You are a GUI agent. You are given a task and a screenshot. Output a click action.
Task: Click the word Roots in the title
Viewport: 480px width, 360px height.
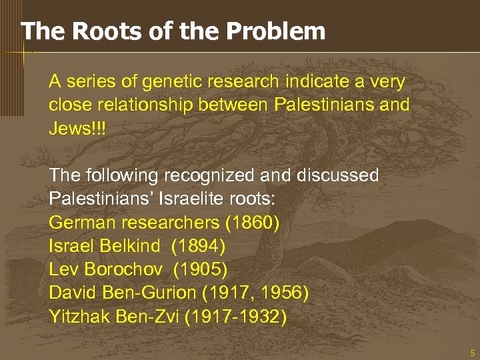coord(96,31)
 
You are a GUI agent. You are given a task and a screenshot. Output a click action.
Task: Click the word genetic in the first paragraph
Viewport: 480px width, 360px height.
coord(169,82)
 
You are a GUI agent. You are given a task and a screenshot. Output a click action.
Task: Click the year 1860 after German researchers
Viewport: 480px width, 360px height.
coord(251,221)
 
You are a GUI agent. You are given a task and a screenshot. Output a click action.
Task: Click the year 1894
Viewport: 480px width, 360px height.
coord(199,245)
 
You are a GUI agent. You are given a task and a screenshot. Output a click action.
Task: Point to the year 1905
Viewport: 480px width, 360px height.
coord(201,269)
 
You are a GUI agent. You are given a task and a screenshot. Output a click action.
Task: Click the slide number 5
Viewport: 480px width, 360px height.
coord(472,352)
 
